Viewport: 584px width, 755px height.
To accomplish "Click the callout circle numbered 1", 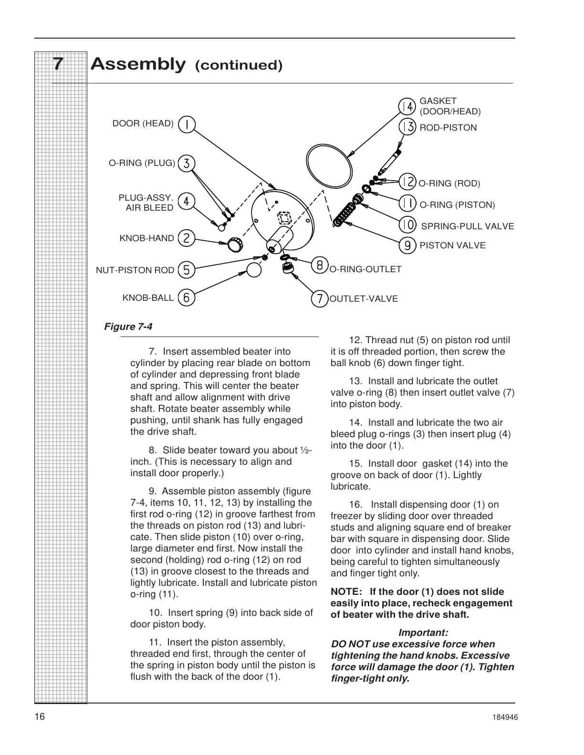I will point(187,124).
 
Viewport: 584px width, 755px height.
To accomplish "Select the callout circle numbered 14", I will point(407,106).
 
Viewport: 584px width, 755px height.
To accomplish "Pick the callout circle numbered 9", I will point(407,245).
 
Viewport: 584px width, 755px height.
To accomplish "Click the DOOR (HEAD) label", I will point(143,124).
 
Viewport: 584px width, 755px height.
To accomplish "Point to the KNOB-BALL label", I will point(148,298).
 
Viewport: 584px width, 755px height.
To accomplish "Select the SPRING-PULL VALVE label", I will point(467,226).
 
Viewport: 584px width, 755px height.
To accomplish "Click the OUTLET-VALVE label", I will point(364,299).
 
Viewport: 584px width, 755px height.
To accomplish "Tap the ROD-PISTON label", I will point(448,128).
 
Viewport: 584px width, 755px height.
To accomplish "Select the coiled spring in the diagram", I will point(344,214).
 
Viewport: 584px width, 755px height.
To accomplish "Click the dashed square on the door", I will point(284,218).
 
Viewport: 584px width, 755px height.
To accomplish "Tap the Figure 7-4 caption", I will point(128,326).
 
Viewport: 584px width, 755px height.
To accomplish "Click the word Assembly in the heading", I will point(138,64).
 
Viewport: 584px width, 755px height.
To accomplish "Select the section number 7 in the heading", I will point(58,64).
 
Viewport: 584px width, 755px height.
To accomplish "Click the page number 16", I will point(40,717).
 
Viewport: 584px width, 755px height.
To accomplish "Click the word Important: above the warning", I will point(423,633).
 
